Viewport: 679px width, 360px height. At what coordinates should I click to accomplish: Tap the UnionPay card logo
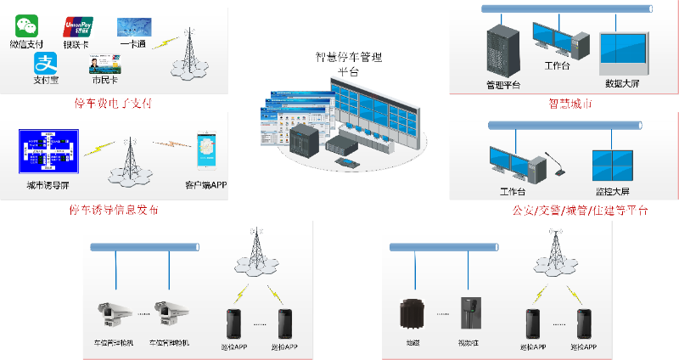pos(78,26)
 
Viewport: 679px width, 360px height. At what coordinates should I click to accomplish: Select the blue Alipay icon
pos(44,63)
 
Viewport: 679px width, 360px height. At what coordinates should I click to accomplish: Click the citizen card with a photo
pos(103,64)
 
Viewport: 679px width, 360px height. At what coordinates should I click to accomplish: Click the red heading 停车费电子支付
pos(118,104)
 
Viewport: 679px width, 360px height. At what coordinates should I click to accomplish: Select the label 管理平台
pos(502,84)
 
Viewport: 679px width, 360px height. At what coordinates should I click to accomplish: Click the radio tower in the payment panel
pos(187,54)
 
